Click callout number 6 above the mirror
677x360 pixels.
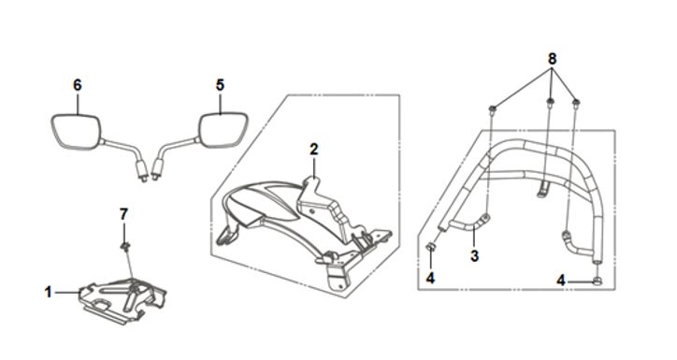(78, 85)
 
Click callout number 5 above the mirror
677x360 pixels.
(220, 85)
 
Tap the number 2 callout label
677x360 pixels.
(314, 150)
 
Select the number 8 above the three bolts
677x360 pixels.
(553, 59)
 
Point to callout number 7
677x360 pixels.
(124, 214)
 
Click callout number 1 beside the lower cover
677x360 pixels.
(49, 293)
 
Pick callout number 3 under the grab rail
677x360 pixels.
(474, 255)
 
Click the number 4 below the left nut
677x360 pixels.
(430, 279)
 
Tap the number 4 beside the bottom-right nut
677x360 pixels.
(560, 281)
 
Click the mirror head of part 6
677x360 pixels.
(77, 131)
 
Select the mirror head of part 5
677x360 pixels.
(223, 130)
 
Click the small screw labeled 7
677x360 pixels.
(124, 247)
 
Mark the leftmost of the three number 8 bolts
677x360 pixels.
(492, 109)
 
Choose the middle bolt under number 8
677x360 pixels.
(550, 103)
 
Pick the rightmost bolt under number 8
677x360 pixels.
(575, 103)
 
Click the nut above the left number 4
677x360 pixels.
(430, 248)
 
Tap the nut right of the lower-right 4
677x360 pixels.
(598, 281)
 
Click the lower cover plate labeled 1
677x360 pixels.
(123, 299)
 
